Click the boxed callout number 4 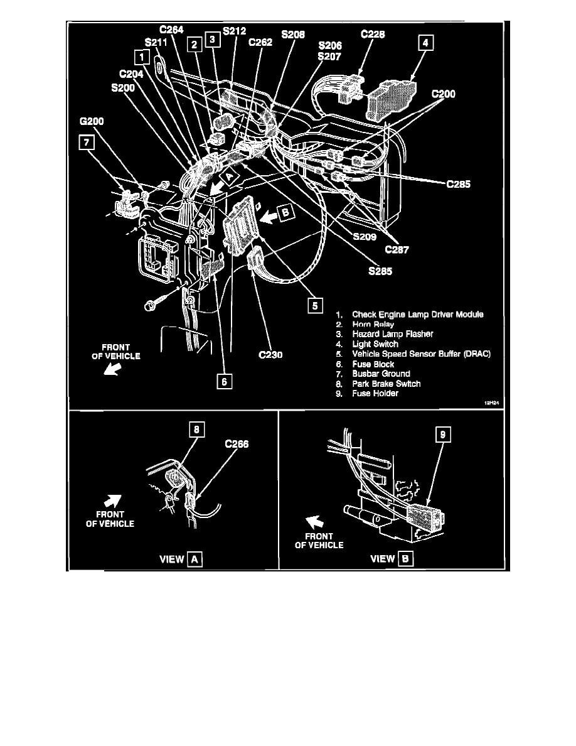(x=426, y=43)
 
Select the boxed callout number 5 (x=312, y=305)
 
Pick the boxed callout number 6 (x=223, y=379)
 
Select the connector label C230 (x=271, y=355)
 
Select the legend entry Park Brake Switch (x=386, y=384)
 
